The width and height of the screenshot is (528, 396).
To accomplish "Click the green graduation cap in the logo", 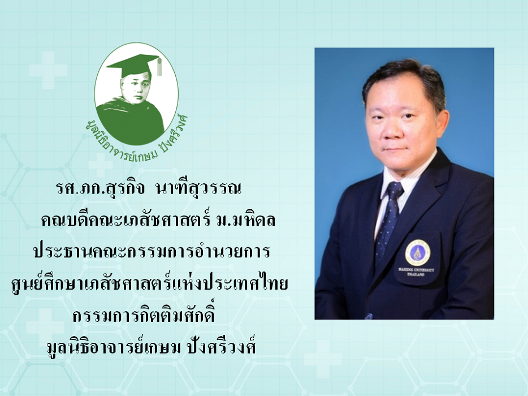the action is [132, 64].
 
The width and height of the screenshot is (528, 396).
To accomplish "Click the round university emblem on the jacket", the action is [418, 253].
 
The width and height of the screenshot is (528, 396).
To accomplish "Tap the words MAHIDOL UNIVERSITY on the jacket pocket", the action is [417, 270].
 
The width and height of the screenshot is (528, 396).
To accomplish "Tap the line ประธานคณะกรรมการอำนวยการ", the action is [152, 251].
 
